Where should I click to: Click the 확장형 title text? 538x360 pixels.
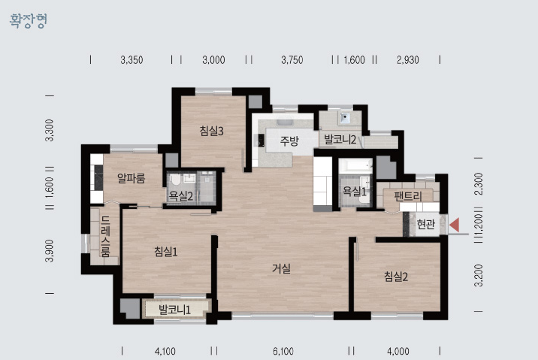[28, 20]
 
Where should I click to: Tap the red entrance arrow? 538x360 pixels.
[455, 225]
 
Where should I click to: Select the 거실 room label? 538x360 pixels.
[281, 268]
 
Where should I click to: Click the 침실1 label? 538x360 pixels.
[166, 252]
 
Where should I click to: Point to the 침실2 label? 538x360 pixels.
[396, 277]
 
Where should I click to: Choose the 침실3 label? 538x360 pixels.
[212, 131]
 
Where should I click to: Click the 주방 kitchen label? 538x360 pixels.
[289, 141]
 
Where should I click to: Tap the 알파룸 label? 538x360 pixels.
[131, 178]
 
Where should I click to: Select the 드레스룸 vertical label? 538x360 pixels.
[105, 236]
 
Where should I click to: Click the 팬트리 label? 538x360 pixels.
[407, 196]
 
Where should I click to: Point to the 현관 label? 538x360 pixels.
[425, 224]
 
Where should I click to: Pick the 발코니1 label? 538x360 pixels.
[174, 310]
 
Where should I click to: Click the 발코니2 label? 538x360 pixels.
[340, 140]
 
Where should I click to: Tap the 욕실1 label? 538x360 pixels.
[355, 191]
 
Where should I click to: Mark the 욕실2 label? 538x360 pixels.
[181, 196]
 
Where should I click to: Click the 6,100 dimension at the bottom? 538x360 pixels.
[283, 352]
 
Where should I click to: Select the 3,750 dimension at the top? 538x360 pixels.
[292, 60]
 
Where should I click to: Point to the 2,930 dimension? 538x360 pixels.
[407, 60]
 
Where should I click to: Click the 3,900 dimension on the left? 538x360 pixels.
[50, 251]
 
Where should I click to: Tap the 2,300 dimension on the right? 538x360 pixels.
[479, 184]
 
